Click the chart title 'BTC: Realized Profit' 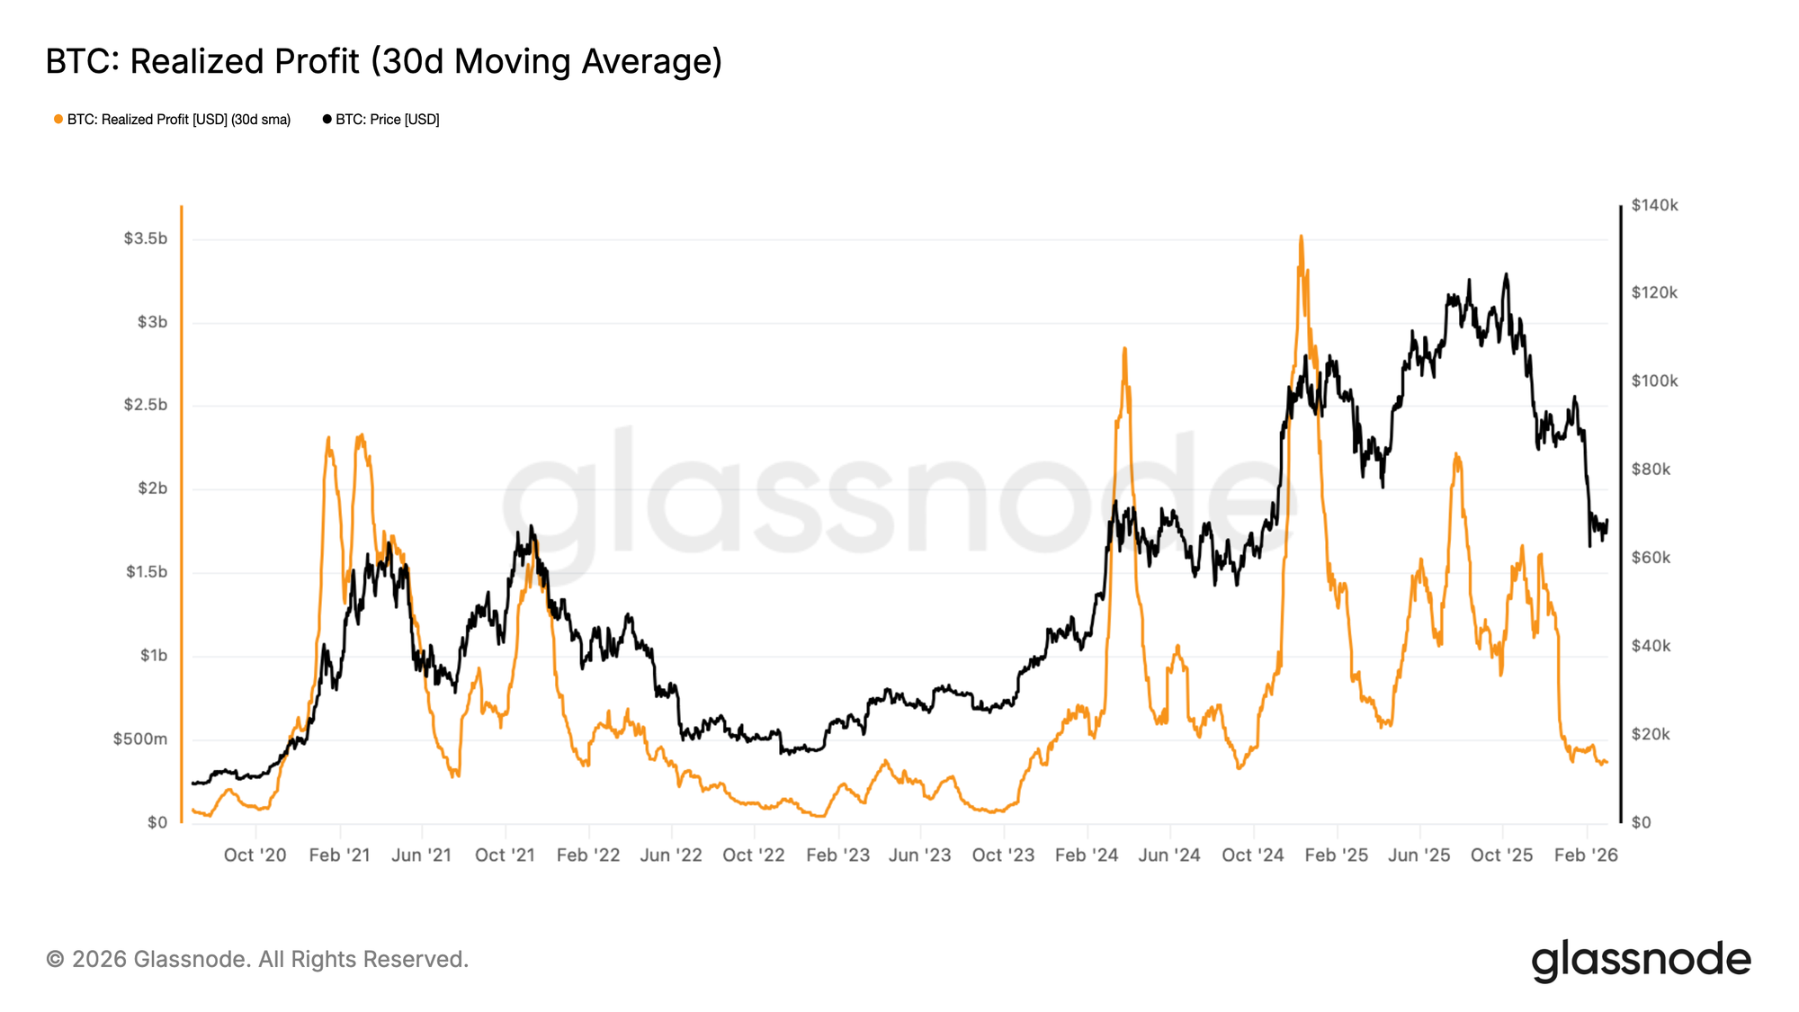(x=383, y=62)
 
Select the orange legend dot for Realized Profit (x=58, y=120)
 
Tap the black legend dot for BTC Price (x=327, y=120)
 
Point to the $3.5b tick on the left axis (x=146, y=238)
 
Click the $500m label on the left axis (x=140, y=739)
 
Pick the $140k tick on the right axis (x=1654, y=206)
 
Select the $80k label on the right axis (x=1651, y=470)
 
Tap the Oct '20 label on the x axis (x=255, y=855)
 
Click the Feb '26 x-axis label (x=1586, y=855)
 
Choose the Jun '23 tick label (x=919, y=855)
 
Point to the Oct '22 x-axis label (x=754, y=855)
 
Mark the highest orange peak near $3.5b (x=1301, y=237)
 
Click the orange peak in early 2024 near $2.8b (x=1124, y=349)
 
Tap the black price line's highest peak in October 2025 (x=1506, y=275)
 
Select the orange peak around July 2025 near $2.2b (x=1456, y=455)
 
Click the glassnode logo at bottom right (x=1641, y=960)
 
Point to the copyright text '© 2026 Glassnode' (x=257, y=960)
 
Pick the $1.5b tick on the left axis (x=146, y=572)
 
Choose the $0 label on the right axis (x=1642, y=823)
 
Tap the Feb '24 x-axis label (x=1087, y=855)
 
